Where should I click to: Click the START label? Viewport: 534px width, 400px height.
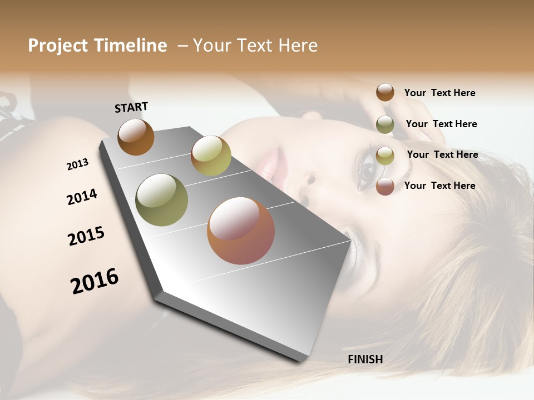point(131,107)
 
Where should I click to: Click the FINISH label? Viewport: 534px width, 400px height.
point(365,359)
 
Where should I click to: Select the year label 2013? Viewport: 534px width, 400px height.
point(77,164)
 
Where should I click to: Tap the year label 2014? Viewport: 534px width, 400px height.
point(82,197)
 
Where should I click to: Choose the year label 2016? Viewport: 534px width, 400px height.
point(95,281)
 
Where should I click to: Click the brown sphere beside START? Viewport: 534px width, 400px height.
point(136,137)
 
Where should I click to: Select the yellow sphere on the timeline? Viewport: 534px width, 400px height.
point(211,156)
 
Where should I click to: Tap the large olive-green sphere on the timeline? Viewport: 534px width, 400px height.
point(162,200)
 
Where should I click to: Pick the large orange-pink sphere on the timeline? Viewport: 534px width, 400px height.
point(241,231)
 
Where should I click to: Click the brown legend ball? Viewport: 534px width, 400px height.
point(385,92)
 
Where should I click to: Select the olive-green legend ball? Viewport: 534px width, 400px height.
point(385,124)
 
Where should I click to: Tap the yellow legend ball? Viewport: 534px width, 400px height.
point(385,156)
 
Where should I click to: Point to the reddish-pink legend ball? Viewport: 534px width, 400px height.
point(385,186)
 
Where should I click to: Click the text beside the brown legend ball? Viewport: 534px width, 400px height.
point(439,93)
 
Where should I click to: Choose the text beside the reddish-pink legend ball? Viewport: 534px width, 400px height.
point(439,186)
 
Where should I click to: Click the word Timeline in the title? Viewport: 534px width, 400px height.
point(131,46)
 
